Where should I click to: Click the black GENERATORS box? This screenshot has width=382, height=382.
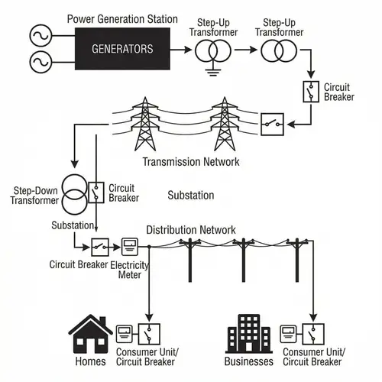(x=121, y=49)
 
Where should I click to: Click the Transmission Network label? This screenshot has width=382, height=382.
(x=191, y=162)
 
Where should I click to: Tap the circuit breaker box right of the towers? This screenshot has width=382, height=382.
(x=271, y=122)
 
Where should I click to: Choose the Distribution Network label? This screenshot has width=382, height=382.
(x=191, y=230)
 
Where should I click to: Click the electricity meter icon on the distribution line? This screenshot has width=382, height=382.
(x=131, y=247)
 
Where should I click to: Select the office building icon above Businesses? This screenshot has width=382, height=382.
(x=248, y=334)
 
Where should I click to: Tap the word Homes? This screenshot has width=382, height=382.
(x=91, y=361)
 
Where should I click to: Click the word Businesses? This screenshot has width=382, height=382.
(x=248, y=361)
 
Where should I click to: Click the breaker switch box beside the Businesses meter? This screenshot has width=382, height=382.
(x=312, y=334)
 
